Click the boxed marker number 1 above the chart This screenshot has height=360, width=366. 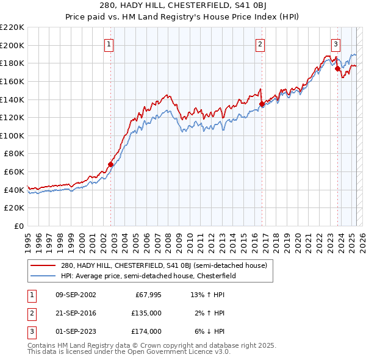(x=109, y=43)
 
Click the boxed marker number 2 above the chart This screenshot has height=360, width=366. (x=260, y=43)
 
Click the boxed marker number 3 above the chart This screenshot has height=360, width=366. (x=335, y=43)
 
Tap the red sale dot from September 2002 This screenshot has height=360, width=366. (x=110, y=164)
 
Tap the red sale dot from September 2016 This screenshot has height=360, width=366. (x=262, y=104)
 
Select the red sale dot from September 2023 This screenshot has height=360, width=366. (x=337, y=68)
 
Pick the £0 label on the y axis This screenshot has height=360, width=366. (x=20, y=226)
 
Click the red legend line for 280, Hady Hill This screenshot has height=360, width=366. (x=43, y=266)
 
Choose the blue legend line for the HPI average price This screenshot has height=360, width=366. (x=43, y=276)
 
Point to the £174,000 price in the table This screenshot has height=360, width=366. (x=146, y=331)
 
